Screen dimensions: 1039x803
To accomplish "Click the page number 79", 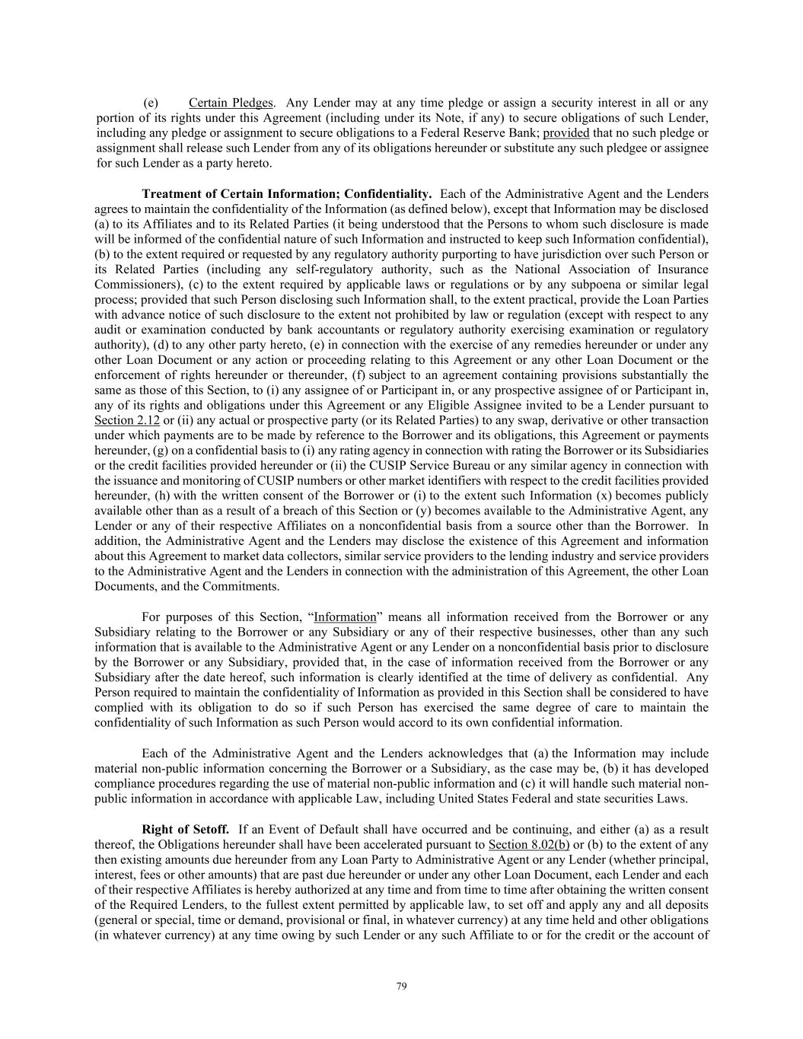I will (x=402, y=986).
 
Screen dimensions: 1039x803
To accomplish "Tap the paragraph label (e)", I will (x=151, y=103).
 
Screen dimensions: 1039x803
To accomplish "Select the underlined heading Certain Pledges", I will (x=231, y=103).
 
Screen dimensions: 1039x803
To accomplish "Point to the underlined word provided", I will (x=566, y=133).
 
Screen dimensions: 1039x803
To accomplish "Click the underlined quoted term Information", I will (x=345, y=617).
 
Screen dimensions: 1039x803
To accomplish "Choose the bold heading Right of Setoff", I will (x=185, y=829).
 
